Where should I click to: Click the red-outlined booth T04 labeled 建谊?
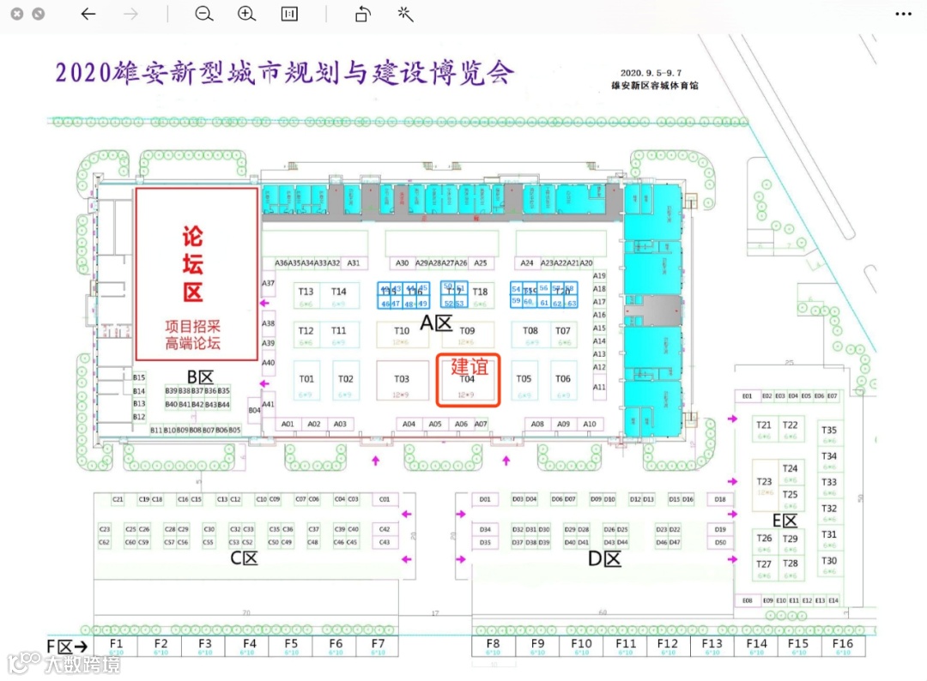pyautogui.click(x=468, y=380)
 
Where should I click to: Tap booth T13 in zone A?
pyautogui.click(x=306, y=296)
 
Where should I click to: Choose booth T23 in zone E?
pyautogui.click(x=764, y=485)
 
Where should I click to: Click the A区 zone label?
pyautogui.click(x=435, y=323)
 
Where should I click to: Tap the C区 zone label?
pyautogui.click(x=244, y=558)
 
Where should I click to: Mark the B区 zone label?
pyautogui.click(x=200, y=377)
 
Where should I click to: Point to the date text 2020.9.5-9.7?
pyautogui.click(x=655, y=73)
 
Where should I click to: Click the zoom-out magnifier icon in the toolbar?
pyautogui.click(x=203, y=14)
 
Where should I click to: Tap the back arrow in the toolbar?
pyautogui.click(x=88, y=14)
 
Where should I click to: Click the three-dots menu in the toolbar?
pyautogui.click(x=904, y=14)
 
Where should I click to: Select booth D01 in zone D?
pyautogui.click(x=485, y=499)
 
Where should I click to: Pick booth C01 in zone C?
pyautogui.click(x=384, y=499)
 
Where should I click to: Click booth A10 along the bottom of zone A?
pyautogui.click(x=589, y=424)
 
